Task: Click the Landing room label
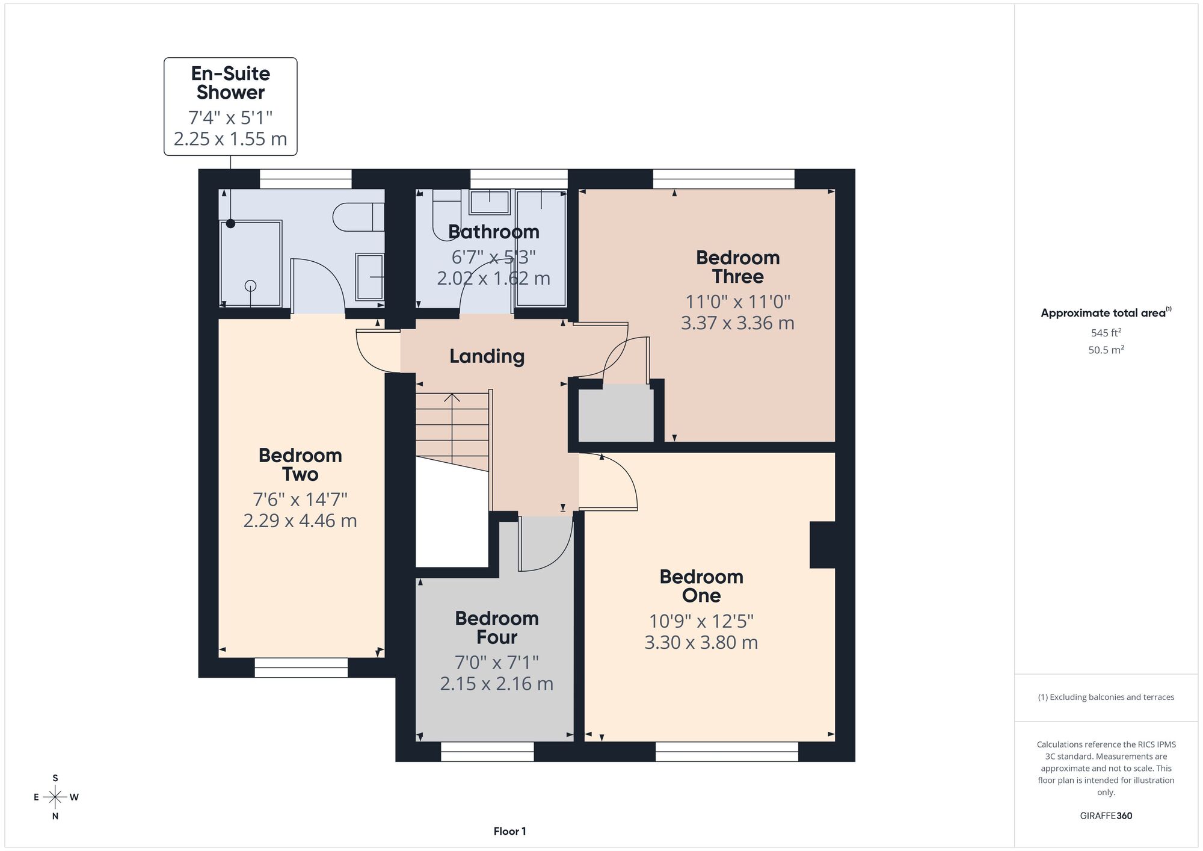pos(487,356)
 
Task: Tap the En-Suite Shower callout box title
pos(230,82)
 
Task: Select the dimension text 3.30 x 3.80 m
pos(701,642)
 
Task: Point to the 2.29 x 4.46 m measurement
pos(300,520)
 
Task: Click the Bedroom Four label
pos(497,627)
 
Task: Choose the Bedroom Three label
pos(738,267)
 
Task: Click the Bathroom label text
pos(494,232)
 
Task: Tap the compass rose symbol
pos(55,797)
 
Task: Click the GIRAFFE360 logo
pos(1106,816)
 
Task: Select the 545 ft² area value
pos(1106,332)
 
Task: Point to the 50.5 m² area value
pos(1106,350)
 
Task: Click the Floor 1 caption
pos(509,831)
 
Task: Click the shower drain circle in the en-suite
pos(251,286)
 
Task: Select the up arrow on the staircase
pos(452,398)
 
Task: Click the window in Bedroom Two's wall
pos(301,667)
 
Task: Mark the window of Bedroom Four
pos(487,751)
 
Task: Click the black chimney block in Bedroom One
pos(822,545)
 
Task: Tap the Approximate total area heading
pos(1106,312)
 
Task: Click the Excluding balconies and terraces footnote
pos(1106,697)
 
